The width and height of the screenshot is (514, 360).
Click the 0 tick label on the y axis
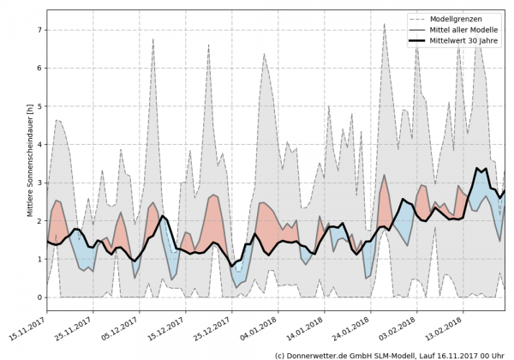39,297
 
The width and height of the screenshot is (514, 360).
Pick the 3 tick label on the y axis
39,183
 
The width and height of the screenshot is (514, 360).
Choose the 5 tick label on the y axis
39,106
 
